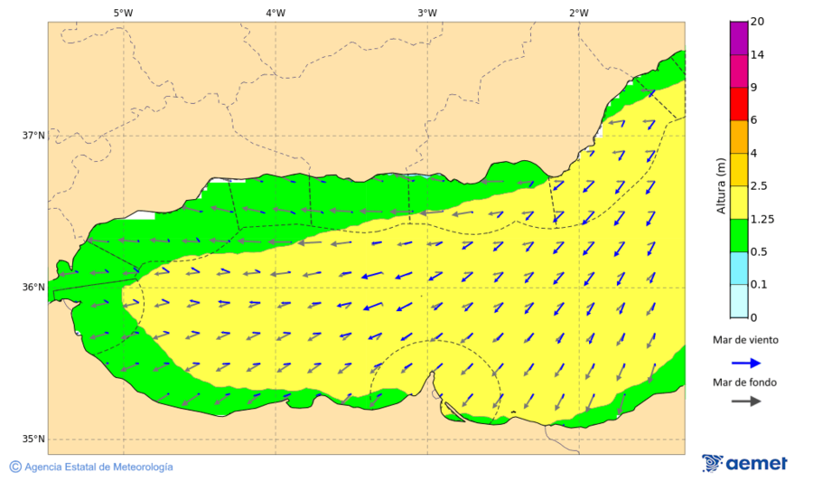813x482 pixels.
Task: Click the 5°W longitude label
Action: tap(124, 13)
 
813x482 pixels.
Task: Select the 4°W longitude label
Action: tap(276, 13)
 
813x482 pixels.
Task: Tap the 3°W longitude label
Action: tap(427, 13)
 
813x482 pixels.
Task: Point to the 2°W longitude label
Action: tap(579, 13)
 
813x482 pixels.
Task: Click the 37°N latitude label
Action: tap(33, 136)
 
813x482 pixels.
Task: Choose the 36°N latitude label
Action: tap(33, 288)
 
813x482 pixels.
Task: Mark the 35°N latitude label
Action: tap(33, 439)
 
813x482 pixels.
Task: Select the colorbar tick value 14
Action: tap(757, 55)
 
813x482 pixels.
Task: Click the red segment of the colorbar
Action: tap(738, 104)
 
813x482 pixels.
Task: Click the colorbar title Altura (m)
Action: tap(721, 185)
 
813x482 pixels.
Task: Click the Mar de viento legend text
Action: tap(745, 340)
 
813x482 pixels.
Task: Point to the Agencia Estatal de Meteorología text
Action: tap(98, 467)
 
